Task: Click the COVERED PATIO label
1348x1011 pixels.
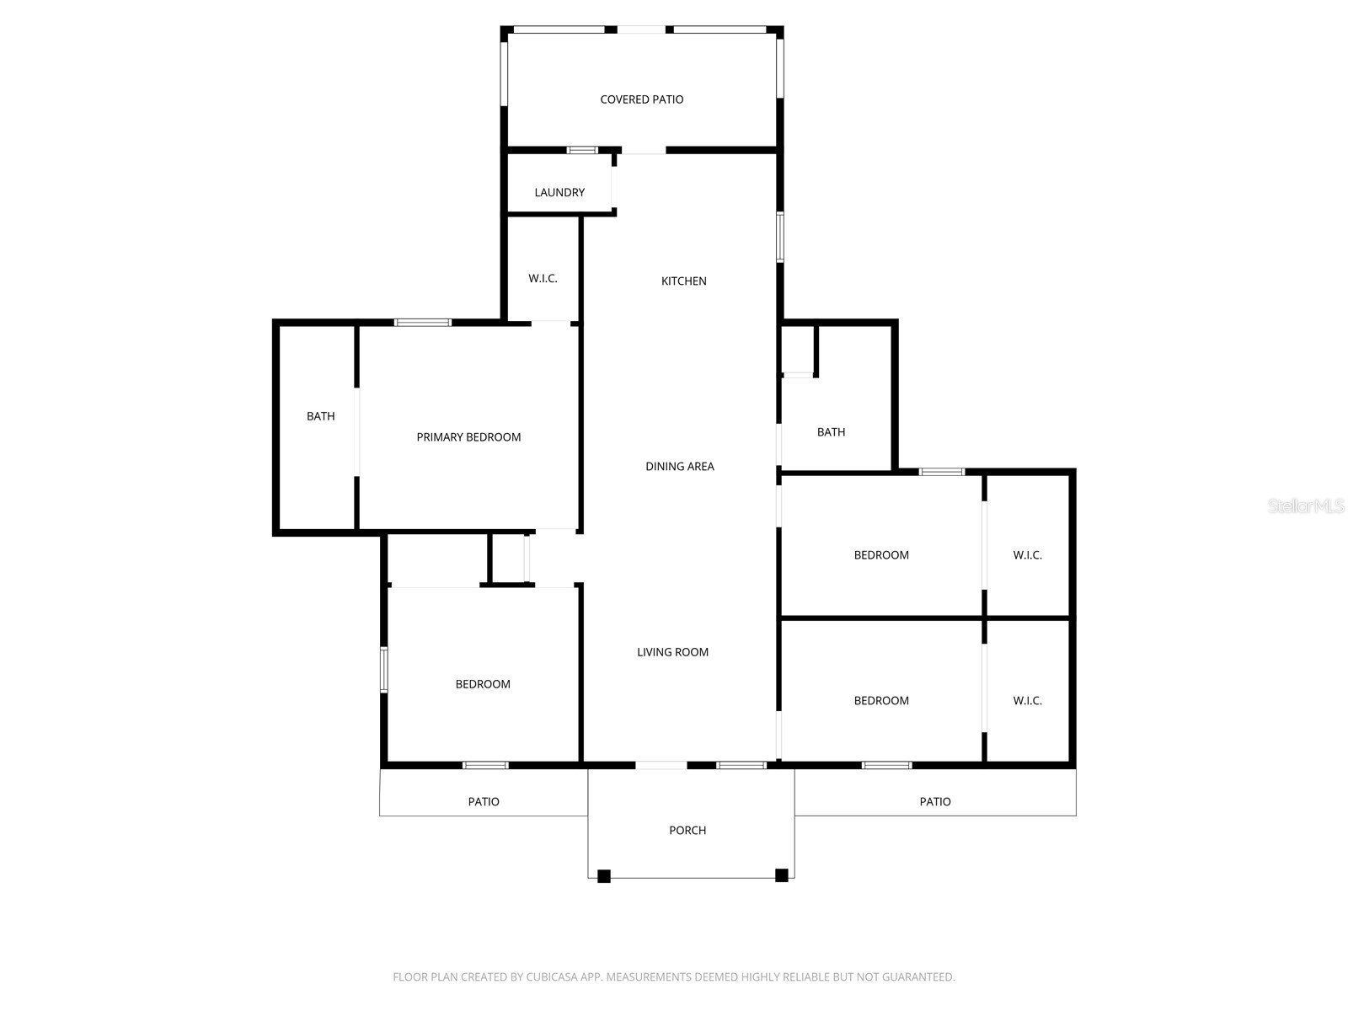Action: [641, 99]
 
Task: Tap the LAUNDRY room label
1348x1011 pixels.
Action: [559, 193]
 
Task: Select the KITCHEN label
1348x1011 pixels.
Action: [683, 281]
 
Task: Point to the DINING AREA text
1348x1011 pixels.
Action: [679, 467]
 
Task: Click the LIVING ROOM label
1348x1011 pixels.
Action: [672, 652]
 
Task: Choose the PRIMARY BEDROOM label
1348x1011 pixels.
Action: [468, 437]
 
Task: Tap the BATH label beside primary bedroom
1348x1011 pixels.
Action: [320, 416]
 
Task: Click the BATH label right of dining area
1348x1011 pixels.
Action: [831, 432]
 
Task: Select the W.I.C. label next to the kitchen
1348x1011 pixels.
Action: [543, 279]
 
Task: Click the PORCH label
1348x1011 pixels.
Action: [687, 831]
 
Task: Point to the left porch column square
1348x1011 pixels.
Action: [603, 876]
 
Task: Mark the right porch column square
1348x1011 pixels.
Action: [781, 875]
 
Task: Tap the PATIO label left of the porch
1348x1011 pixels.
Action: [484, 802]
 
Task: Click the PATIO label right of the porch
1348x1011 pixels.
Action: [934, 802]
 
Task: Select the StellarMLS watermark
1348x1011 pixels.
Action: [1305, 506]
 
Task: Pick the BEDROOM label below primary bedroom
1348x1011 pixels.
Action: [483, 684]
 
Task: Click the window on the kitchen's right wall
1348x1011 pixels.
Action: [780, 238]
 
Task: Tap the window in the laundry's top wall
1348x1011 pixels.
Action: [581, 150]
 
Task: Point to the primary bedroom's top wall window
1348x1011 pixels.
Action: [423, 322]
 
